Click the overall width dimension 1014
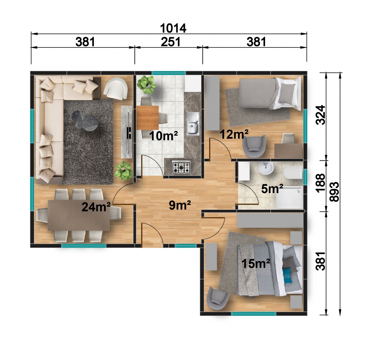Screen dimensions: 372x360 (173, 28)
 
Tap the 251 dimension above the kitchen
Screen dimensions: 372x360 (170, 42)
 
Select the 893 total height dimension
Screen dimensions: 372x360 (334, 191)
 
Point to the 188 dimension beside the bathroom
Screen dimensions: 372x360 (321, 183)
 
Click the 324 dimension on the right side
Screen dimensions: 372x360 (321, 115)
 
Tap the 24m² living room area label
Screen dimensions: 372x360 (96, 207)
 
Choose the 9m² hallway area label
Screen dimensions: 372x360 (180, 205)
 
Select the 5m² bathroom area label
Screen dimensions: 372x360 (272, 189)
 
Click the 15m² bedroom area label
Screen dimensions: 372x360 (256, 263)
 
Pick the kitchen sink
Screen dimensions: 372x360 (193, 124)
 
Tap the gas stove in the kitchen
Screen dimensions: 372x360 (181, 167)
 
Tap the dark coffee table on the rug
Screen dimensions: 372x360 (85, 121)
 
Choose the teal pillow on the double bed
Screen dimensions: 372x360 (287, 276)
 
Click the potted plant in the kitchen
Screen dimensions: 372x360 (146, 84)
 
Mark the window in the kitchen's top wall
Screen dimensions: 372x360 (169, 73)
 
